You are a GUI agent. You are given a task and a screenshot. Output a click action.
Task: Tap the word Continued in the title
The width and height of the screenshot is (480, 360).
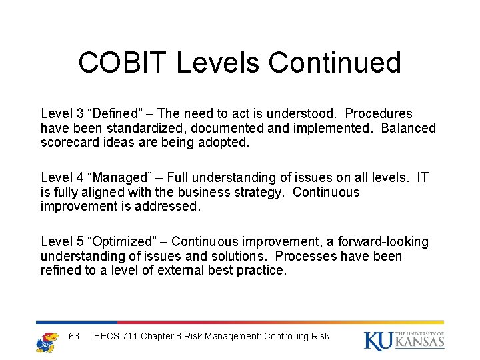[x=335, y=63]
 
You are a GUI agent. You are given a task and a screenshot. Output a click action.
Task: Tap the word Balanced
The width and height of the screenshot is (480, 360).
[x=408, y=128]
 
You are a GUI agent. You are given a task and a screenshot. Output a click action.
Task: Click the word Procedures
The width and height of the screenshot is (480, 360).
[x=378, y=113]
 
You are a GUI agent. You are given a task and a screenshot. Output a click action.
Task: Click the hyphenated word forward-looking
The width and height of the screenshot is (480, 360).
[x=379, y=241]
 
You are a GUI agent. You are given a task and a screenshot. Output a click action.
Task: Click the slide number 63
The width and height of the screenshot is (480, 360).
[x=74, y=336]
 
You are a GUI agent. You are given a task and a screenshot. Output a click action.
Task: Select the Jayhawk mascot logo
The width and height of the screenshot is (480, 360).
[x=47, y=338]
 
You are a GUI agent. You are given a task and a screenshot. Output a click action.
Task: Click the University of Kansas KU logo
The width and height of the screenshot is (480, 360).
[x=404, y=339]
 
